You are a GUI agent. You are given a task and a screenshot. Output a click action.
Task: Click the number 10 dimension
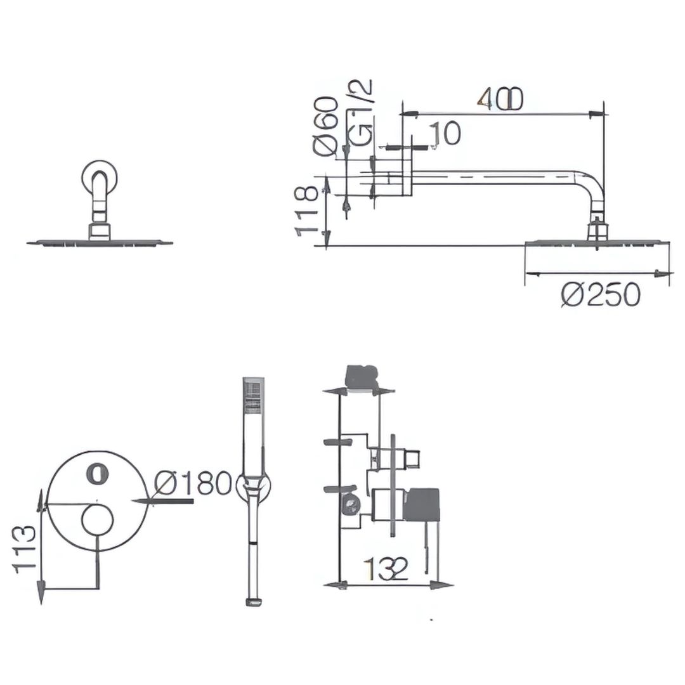pyautogui.click(x=445, y=133)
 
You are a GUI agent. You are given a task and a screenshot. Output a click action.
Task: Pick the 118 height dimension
pyautogui.click(x=306, y=211)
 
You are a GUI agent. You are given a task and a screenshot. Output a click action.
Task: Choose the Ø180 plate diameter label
pyautogui.click(x=193, y=483)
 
